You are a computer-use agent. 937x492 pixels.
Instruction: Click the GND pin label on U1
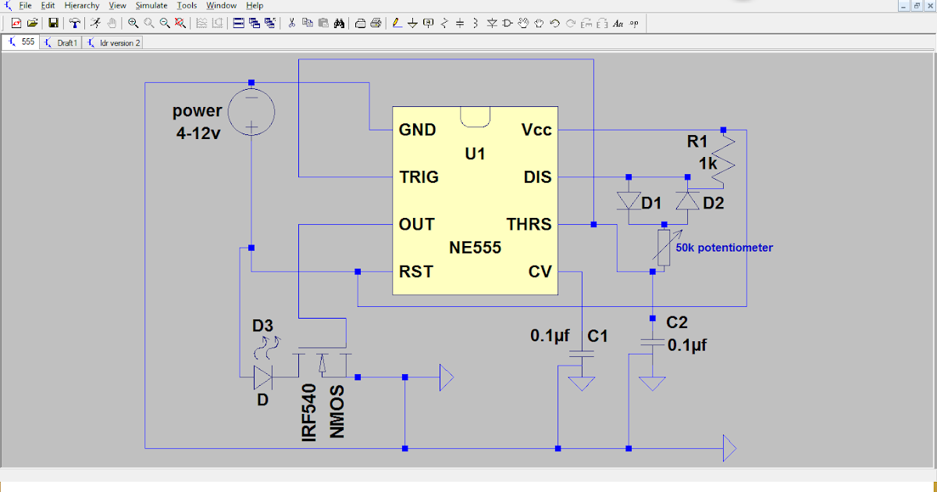click(x=417, y=130)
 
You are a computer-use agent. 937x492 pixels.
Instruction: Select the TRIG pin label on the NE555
click(x=419, y=176)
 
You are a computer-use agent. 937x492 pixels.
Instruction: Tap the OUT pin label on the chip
click(x=416, y=224)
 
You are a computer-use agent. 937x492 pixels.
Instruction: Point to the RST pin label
click(x=415, y=272)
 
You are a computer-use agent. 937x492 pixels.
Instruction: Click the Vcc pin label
click(x=536, y=130)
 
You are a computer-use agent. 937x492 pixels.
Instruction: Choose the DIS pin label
click(x=537, y=177)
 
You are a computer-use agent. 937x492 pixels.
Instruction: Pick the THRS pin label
click(x=529, y=224)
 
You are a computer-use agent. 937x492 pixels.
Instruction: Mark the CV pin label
click(x=540, y=272)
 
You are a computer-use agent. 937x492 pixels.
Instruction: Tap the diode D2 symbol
click(x=687, y=201)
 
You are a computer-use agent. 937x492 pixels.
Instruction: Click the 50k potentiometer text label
click(x=724, y=248)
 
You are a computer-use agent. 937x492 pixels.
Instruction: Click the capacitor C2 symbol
click(x=651, y=343)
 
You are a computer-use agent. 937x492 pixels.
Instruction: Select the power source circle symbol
click(x=251, y=112)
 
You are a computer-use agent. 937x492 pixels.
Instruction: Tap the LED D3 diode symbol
click(x=262, y=378)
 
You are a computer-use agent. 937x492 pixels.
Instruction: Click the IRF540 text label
click(x=309, y=412)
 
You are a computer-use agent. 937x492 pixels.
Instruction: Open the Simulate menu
click(x=151, y=5)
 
